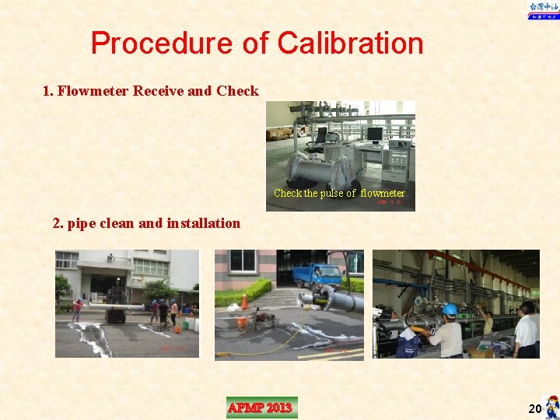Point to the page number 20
coord(534,408)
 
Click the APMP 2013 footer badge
coord(261,408)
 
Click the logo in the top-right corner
coord(543,10)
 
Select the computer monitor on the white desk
coord(375,135)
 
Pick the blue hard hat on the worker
coord(449,310)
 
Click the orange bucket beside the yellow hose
coord(242,321)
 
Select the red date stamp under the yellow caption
coord(389,201)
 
